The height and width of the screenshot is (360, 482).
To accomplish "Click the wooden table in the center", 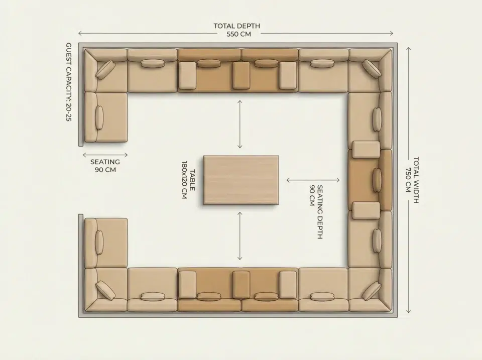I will pos(241,180).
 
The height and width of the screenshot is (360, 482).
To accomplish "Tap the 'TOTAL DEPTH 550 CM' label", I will pos(236,30).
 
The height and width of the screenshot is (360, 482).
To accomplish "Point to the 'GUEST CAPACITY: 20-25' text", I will pos(69,82).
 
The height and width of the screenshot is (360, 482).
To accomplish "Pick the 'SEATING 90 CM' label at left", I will pos(105,166).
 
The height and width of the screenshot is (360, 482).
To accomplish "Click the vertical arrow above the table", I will pos(240,124).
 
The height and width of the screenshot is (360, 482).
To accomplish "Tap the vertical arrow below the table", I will pos(240,235).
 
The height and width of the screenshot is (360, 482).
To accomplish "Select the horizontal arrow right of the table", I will pos(313,180).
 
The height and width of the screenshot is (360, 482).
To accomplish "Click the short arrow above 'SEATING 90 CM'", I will pos(105,155).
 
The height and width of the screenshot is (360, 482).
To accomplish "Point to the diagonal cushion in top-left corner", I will pos(105,70).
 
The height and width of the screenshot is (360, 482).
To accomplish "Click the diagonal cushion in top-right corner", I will pos(372,69).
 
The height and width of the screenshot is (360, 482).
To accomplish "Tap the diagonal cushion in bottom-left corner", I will pos(105,290).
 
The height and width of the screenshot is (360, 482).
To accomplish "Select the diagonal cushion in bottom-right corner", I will pos(372,291).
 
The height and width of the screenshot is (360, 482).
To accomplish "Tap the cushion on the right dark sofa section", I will pos(377,180).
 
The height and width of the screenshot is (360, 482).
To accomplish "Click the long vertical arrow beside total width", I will pos(408,180).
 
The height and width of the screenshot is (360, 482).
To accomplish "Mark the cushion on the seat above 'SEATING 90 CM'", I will pos(99,118).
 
